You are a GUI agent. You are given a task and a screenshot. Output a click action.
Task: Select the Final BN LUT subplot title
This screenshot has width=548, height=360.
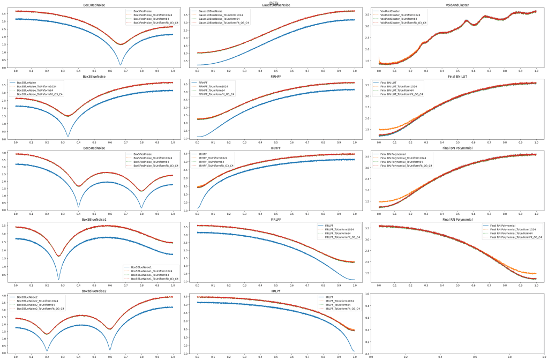click(457, 77)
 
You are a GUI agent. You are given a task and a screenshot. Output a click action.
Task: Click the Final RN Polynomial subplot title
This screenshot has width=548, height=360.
click(457, 220)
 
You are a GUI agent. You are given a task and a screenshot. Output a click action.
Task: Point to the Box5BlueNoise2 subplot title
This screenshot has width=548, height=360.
click(94, 291)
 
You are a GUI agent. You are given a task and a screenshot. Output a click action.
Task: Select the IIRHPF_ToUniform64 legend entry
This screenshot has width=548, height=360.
click(215, 162)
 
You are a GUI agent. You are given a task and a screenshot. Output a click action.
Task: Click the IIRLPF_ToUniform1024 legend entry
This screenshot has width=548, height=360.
click(336, 301)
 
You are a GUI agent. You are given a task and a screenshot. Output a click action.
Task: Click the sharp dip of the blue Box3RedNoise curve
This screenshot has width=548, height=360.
click(121, 65)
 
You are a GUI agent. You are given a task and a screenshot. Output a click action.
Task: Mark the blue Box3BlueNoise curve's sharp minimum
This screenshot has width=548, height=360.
click(68, 136)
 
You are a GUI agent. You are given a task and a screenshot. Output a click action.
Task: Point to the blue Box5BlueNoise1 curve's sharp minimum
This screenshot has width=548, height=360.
click(59, 279)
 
